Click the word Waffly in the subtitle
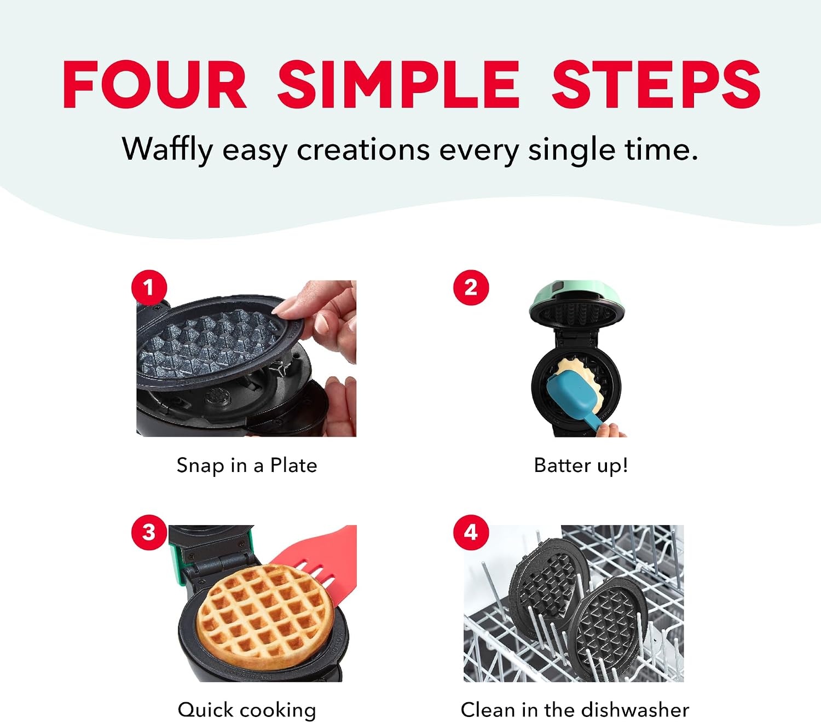tap(167, 150)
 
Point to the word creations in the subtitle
tap(363, 150)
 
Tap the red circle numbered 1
tap(149, 288)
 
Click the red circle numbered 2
tap(471, 288)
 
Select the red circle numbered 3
tap(149, 532)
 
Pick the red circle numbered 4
tap(471, 532)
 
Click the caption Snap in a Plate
tap(247, 465)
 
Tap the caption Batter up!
tap(581, 465)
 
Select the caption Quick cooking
tap(247, 710)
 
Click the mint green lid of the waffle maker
tap(577, 298)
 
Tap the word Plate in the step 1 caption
tap(294, 465)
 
